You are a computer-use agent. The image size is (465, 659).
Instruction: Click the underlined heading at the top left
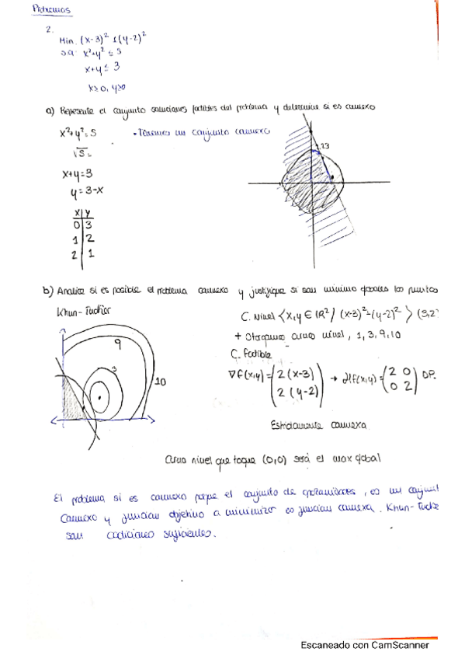(x=52, y=11)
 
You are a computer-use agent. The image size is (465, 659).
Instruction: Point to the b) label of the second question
(x=48, y=291)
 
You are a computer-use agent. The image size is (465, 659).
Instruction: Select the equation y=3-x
(x=87, y=189)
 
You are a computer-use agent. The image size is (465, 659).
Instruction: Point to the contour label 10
(x=161, y=382)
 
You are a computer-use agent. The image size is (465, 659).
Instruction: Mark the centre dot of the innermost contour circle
(x=99, y=399)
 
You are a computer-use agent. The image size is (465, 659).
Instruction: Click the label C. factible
(x=253, y=353)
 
